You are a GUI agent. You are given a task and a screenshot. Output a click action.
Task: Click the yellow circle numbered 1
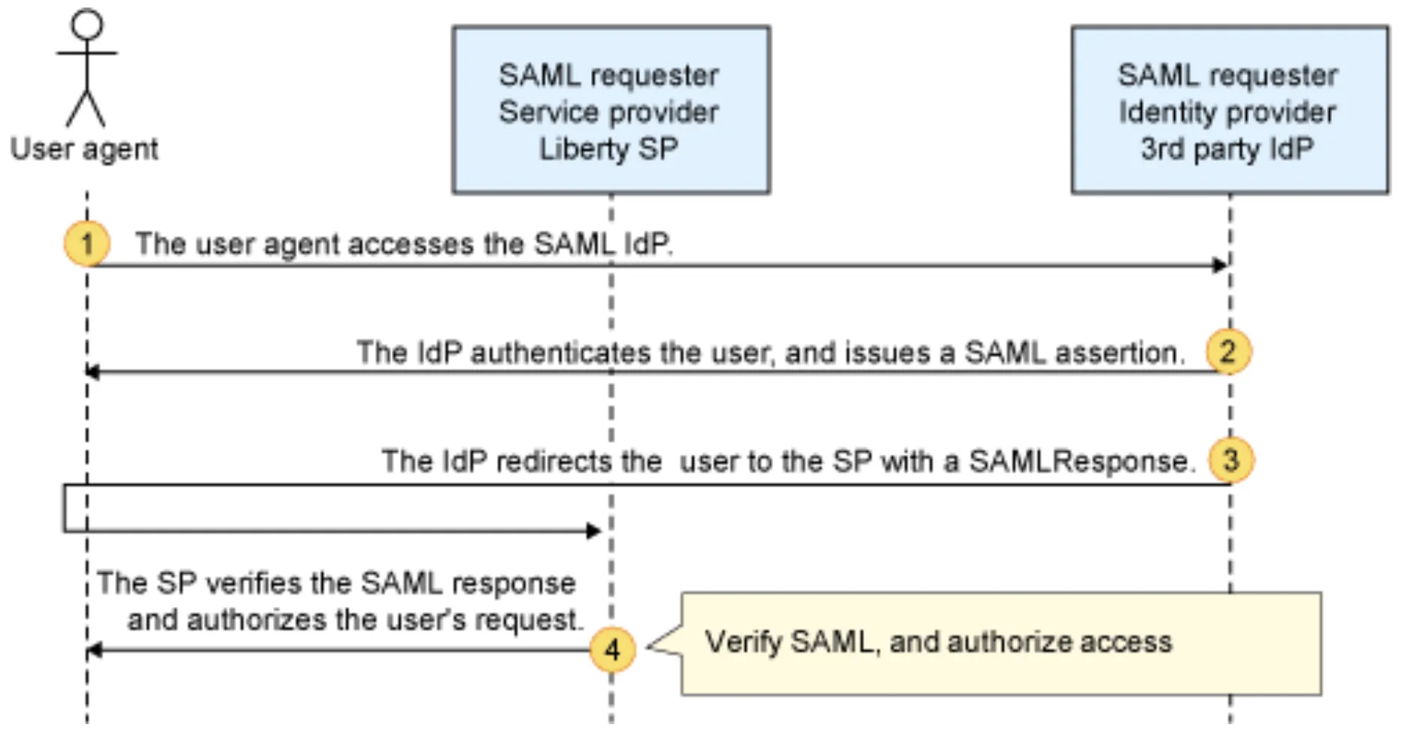click(86, 244)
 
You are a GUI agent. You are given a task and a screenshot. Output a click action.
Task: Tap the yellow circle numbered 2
click(1227, 351)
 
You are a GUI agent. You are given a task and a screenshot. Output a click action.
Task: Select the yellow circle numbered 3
click(1230, 459)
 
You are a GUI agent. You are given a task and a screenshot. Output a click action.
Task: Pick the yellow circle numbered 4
click(612, 649)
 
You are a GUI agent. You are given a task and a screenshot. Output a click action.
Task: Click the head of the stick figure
click(86, 24)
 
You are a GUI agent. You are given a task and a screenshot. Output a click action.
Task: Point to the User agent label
click(84, 149)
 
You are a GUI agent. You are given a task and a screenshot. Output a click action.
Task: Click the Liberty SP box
click(611, 110)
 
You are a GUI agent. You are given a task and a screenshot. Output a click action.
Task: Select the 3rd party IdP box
click(1230, 110)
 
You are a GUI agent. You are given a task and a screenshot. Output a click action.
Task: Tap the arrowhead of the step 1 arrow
click(1219, 265)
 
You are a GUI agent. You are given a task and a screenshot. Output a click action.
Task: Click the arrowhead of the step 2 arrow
click(93, 371)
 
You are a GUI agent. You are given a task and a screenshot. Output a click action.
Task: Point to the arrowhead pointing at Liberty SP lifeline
click(593, 531)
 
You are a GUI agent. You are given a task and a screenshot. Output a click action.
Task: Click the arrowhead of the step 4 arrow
click(94, 650)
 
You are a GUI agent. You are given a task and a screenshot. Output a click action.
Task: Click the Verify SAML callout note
click(1000, 643)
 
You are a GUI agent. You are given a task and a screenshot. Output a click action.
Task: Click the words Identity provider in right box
click(1227, 112)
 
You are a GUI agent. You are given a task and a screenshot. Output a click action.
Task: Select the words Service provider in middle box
click(608, 112)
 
